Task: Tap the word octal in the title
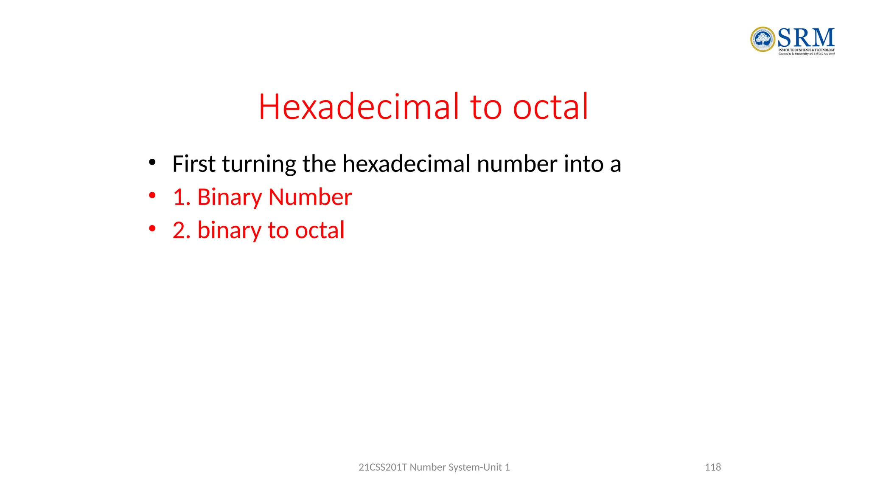click(550, 107)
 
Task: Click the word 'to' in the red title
click(486, 107)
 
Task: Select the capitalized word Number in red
click(310, 197)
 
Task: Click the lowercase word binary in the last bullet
click(230, 231)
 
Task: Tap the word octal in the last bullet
click(320, 230)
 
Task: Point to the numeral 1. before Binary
click(182, 197)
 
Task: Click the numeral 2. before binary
click(182, 230)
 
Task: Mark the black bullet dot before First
click(152, 163)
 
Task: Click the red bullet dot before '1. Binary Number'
click(152, 196)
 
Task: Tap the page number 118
click(713, 467)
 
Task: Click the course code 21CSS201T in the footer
click(383, 467)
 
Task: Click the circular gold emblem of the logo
click(762, 39)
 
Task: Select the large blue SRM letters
click(806, 38)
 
